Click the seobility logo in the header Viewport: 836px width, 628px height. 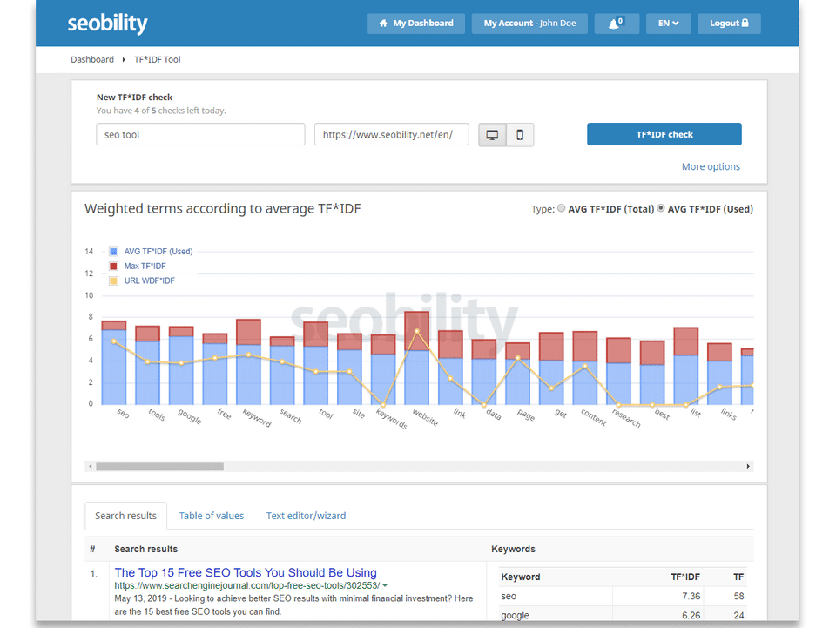click(108, 24)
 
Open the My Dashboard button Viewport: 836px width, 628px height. click(416, 24)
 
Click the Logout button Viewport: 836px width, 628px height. click(729, 24)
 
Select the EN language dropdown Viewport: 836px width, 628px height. click(668, 24)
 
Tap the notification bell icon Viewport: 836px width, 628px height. click(617, 24)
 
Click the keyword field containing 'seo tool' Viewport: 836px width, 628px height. click(200, 135)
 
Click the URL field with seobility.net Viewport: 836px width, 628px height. click(392, 135)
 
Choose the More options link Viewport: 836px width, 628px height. click(711, 166)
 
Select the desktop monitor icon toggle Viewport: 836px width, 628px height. click(493, 135)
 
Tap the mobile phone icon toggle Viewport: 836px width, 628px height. click(520, 135)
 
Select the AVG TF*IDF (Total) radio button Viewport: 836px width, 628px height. click(561, 209)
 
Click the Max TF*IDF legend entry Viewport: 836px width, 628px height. click(145, 267)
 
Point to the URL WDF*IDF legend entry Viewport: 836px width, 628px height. click(149, 280)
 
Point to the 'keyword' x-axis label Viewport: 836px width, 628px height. click(256, 417)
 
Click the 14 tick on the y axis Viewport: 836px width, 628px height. click(89, 252)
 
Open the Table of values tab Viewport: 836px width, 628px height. click(212, 516)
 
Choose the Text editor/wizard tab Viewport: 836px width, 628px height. click(306, 516)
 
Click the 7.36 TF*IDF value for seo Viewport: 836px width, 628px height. click(686, 597)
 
